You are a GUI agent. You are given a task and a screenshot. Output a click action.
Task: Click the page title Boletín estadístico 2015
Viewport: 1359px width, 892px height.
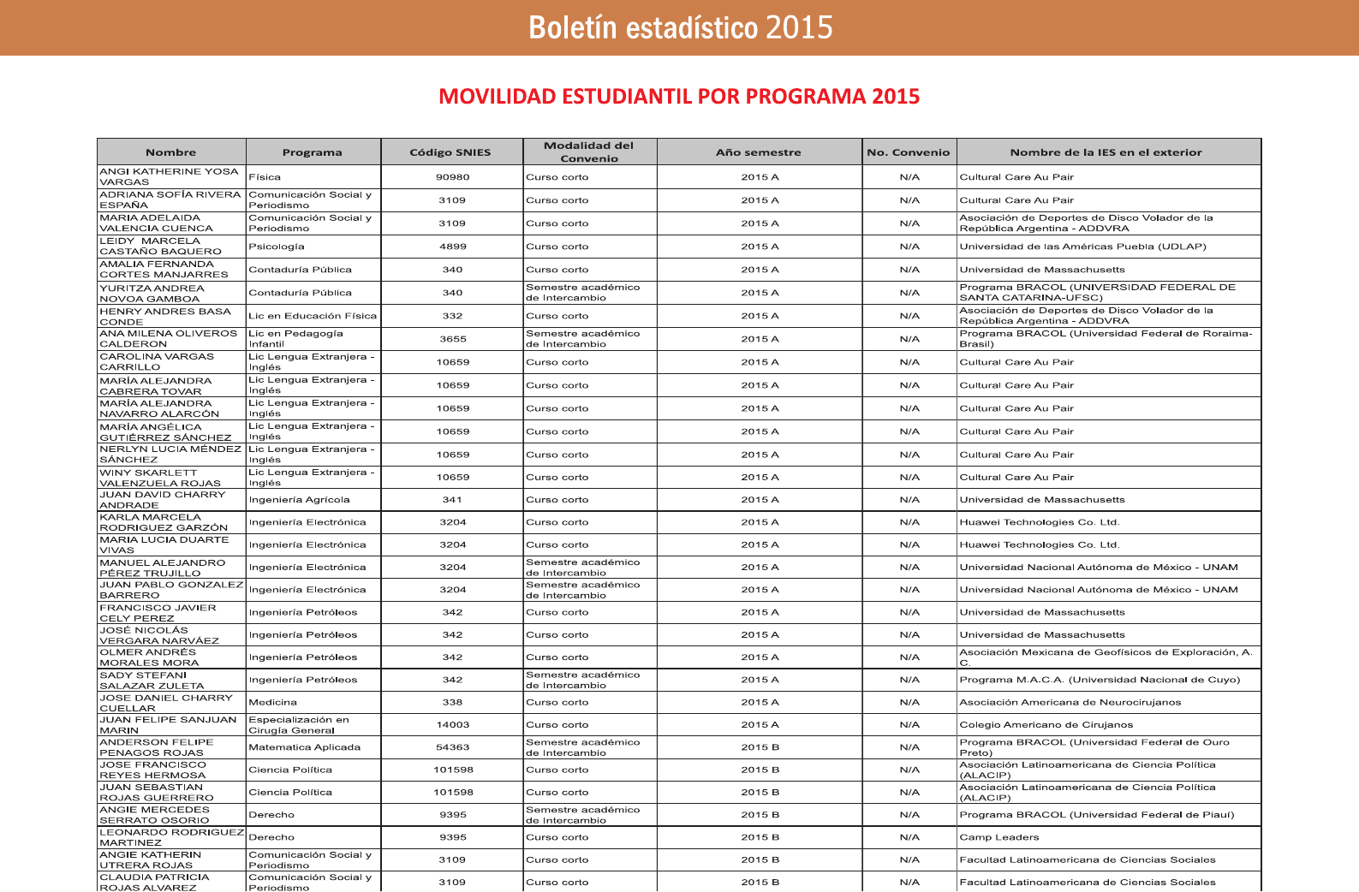click(x=680, y=27)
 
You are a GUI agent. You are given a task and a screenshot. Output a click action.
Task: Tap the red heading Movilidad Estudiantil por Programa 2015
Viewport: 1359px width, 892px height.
click(x=679, y=96)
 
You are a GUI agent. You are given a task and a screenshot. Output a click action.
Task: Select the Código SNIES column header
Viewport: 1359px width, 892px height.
click(x=450, y=152)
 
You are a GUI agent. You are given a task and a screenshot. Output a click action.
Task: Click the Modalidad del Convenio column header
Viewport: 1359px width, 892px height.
click(x=589, y=152)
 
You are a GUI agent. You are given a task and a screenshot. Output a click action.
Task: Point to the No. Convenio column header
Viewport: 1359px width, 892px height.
click(x=909, y=152)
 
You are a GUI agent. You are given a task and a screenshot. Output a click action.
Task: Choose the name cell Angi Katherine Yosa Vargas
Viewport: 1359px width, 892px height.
click(x=170, y=176)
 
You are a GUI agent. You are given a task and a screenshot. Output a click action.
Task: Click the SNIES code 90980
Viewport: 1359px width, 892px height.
click(x=452, y=177)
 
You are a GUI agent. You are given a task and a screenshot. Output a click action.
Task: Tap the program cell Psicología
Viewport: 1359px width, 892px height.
click(x=277, y=247)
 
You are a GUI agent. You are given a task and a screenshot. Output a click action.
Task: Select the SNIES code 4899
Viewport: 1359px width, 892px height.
click(x=452, y=247)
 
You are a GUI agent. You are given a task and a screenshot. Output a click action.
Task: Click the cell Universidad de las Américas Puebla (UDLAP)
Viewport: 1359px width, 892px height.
click(x=1082, y=247)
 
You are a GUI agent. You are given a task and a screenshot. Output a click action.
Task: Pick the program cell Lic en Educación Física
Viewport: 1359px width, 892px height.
click(x=313, y=316)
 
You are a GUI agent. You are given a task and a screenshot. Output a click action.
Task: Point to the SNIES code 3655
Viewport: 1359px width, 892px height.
click(x=452, y=339)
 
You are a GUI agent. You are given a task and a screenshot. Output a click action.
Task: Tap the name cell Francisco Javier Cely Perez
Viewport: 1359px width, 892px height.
click(x=158, y=613)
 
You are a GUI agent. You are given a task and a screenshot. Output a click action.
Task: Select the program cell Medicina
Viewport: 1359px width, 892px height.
click(x=273, y=702)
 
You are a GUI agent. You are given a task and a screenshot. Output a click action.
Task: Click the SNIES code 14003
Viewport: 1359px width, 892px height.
click(x=452, y=724)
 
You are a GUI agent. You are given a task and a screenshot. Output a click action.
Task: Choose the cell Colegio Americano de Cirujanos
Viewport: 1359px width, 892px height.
click(x=1046, y=724)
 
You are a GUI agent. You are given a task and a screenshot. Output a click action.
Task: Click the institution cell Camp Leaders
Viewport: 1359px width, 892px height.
click(x=999, y=837)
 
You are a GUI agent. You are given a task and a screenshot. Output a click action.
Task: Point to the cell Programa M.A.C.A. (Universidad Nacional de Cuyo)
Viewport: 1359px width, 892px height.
click(x=1100, y=680)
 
